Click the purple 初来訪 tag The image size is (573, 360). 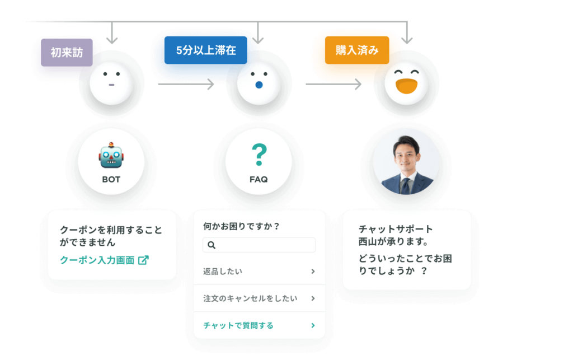pyautogui.click(x=67, y=53)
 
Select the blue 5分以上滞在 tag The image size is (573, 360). pyautogui.click(x=206, y=50)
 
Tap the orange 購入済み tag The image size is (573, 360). pyautogui.click(x=357, y=50)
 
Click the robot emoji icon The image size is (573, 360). pyautogui.click(x=111, y=155)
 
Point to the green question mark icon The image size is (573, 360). pyautogui.click(x=260, y=155)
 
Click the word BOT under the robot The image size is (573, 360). pyautogui.click(x=111, y=180)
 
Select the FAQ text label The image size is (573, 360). pyautogui.click(x=259, y=180)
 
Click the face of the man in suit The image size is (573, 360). pyautogui.click(x=406, y=155)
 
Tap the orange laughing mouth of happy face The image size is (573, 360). pyautogui.click(x=407, y=86)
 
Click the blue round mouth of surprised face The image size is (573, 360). pyautogui.click(x=259, y=85)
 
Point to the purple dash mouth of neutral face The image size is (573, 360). pyautogui.click(x=111, y=85)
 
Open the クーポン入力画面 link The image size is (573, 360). pyautogui.click(x=97, y=260)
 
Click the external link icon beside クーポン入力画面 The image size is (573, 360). pyautogui.click(x=143, y=260)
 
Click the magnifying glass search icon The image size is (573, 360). pyautogui.click(x=212, y=245)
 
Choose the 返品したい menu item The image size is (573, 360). pyautogui.click(x=223, y=271)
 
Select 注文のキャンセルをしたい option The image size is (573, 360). pyautogui.click(x=250, y=298)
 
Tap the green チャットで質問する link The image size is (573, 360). pyautogui.click(x=238, y=325)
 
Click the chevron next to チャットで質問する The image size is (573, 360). pyautogui.click(x=313, y=325)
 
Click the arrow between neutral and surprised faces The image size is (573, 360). pyautogui.click(x=186, y=84)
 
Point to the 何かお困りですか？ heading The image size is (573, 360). pyautogui.click(x=241, y=227)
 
